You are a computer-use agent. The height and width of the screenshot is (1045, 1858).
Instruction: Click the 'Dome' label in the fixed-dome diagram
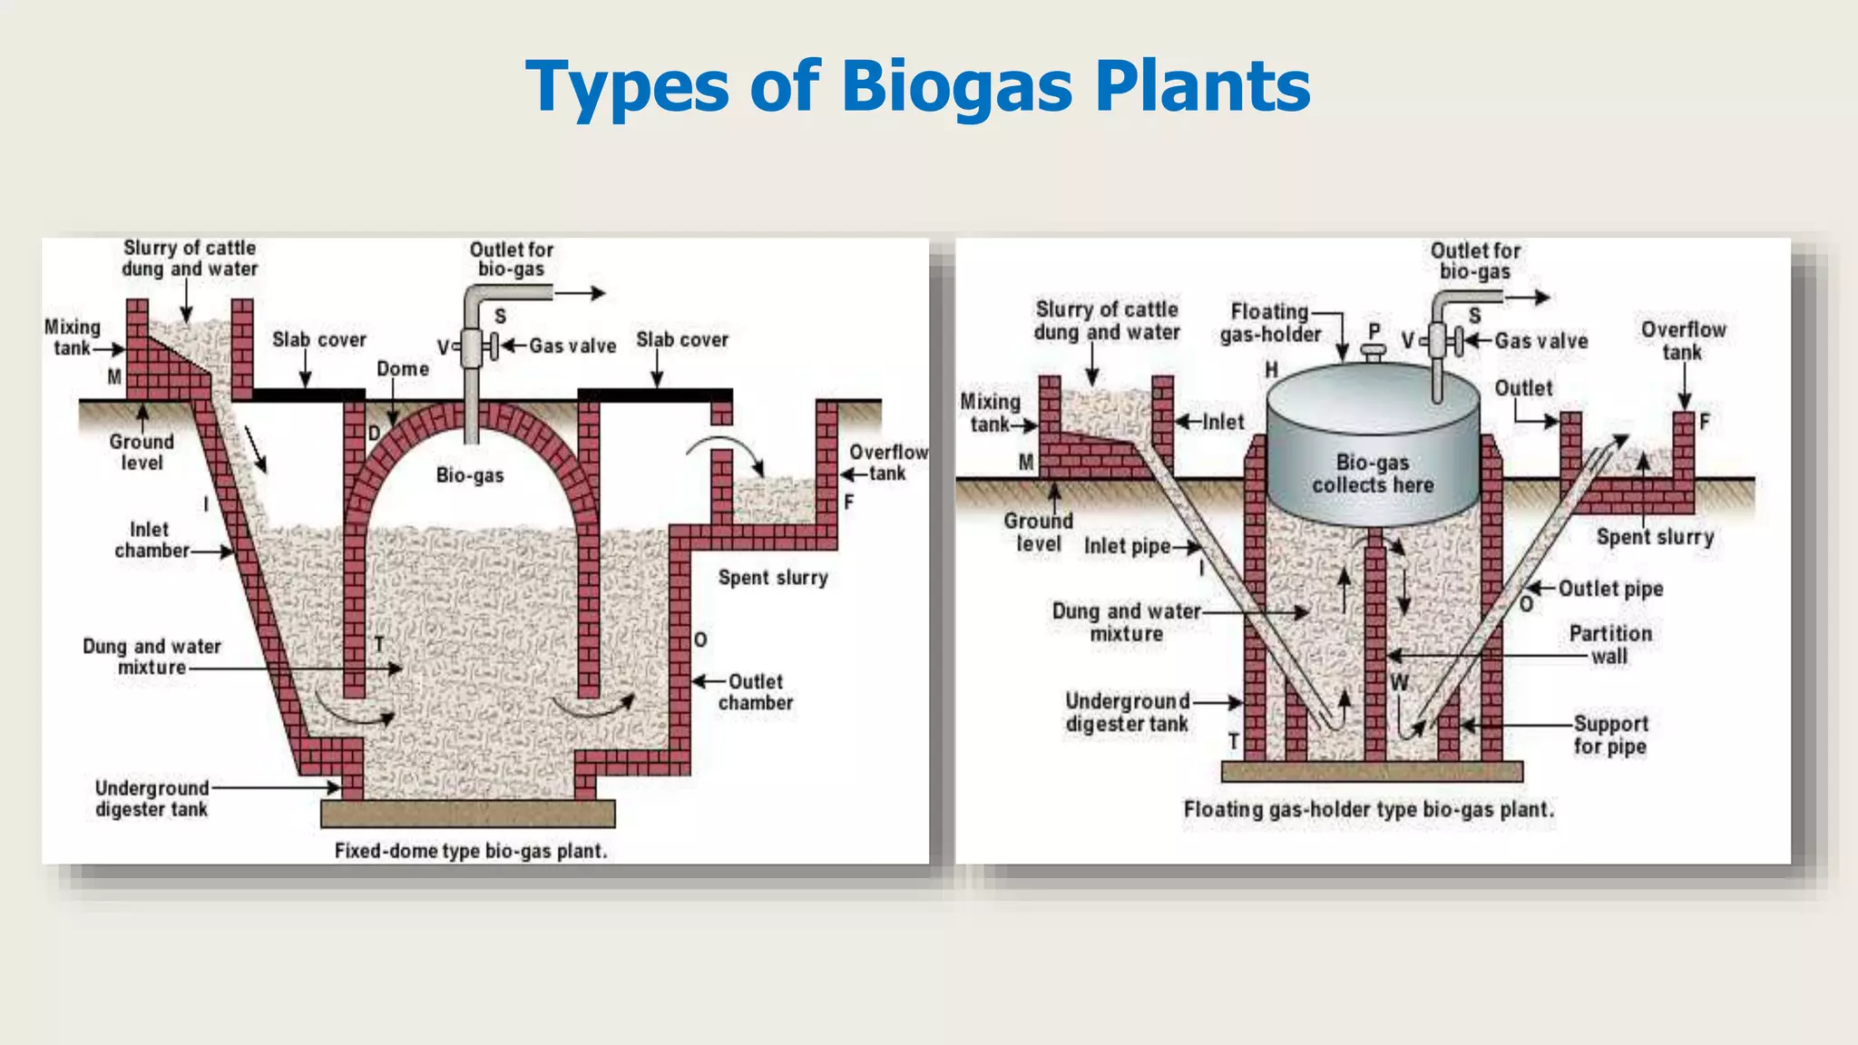pyautogui.click(x=403, y=369)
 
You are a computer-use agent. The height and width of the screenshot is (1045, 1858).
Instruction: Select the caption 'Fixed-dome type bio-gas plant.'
pyautogui.click(x=470, y=851)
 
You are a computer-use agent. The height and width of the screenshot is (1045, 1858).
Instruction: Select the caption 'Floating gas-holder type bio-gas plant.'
pyautogui.click(x=1368, y=809)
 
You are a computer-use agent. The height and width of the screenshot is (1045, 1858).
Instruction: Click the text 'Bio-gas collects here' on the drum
pyautogui.click(x=1372, y=474)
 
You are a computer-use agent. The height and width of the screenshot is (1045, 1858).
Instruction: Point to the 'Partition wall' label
pyautogui.click(x=1610, y=644)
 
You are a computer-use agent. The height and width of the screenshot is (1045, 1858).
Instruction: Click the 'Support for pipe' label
pyautogui.click(x=1610, y=735)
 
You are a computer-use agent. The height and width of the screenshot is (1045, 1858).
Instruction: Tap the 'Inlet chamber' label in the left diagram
pyautogui.click(x=151, y=540)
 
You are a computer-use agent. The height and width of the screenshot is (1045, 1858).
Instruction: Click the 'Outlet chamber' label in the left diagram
pyautogui.click(x=756, y=692)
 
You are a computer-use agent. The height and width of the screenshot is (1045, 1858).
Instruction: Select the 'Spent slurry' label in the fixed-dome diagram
pyautogui.click(x=773, y=578)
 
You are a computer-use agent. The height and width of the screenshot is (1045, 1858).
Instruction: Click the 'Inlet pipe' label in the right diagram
pyautogui.click(x=1127, y=546)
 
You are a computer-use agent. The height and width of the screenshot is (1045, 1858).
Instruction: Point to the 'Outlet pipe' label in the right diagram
pyautogui.click(x=1610, y=589)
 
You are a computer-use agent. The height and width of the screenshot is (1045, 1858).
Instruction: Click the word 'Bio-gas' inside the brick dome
pyautogui.click(x=469, y=475)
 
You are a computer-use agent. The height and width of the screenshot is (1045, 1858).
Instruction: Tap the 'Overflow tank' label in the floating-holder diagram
pyautogui.click(x=1683, y=340)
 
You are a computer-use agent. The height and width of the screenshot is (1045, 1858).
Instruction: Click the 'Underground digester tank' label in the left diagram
pyautogui.click(x=152, y=798)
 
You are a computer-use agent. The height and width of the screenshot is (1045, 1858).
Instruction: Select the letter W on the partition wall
pyautogui.click(x=1399, y=683)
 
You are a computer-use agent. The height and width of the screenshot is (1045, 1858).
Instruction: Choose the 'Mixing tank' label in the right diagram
pyautogui.click(x=990, y=413)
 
